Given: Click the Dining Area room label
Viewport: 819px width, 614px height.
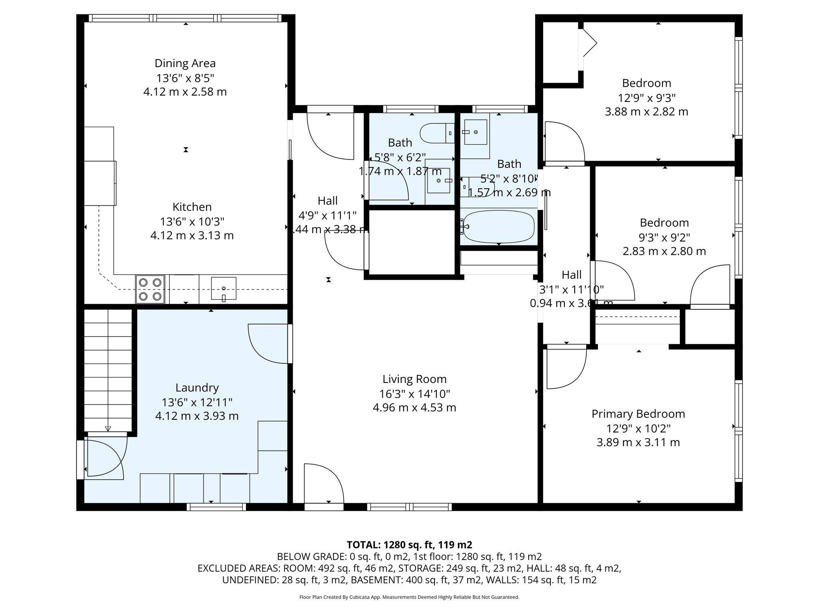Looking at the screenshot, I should (x=185, y=63).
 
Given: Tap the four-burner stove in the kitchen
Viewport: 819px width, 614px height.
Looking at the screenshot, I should (x=150, y=289).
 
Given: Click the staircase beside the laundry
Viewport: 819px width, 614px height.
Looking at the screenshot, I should (x=108, y=370).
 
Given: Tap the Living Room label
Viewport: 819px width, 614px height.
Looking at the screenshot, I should (x=414, y=379).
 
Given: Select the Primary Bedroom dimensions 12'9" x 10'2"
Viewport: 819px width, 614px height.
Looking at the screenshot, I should (x=638, y=428).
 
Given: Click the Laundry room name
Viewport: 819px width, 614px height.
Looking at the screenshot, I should (x=197, y=387).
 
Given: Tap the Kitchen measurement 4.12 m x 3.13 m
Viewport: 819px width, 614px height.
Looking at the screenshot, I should (x=192, y=235).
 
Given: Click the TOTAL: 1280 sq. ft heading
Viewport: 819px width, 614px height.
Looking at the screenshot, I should (x=409, y=544).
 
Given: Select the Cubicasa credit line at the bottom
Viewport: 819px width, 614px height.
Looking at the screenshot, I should (x=409, y=597).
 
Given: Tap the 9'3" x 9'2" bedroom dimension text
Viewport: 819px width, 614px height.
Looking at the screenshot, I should (x=664, y=237).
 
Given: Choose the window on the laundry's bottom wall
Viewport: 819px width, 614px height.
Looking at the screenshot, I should (x=216, y=507).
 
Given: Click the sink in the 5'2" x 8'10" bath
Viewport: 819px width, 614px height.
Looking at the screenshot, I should (x=475, y=132).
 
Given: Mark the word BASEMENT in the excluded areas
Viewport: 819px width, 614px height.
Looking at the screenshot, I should (x=382, y=580).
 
